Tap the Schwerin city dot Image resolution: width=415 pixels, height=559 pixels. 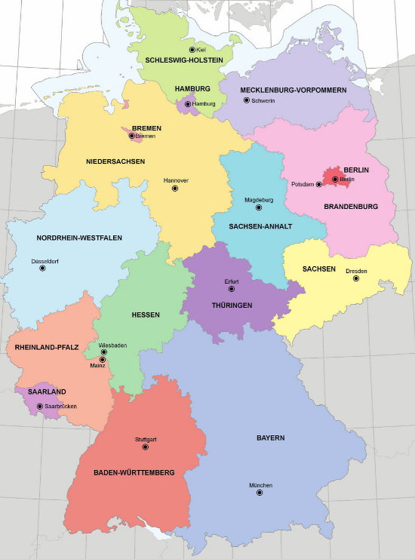click(x=246, y=100)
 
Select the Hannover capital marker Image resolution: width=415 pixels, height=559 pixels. click(x=175, y=189)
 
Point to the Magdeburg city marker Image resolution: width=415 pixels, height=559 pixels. click(x=259, y=207)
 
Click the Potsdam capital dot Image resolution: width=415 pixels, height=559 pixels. click(x=319, y=184)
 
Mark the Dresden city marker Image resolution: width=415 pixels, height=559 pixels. click(x=356, y=278)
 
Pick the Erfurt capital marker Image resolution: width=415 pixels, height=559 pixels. click(x=232, y=289)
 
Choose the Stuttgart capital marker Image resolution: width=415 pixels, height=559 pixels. click(x=145, y=447)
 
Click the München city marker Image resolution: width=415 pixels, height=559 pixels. click(x=260, y=493)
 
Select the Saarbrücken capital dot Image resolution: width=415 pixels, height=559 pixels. click(x=40, y=406)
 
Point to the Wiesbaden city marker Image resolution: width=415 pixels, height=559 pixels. click(x=104, y=352)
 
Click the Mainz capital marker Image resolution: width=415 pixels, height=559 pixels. click(x=103, y=360)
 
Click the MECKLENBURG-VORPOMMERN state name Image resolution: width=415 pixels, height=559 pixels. click(x=294, y=90)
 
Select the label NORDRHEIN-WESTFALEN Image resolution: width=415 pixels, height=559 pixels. click(x=79, y=238)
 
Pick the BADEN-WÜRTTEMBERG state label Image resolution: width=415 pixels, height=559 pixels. click(x=134, y=472)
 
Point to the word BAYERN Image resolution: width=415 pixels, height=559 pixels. click(x=270, y=438)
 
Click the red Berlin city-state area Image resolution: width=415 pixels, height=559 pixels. click(x=332, y=175)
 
